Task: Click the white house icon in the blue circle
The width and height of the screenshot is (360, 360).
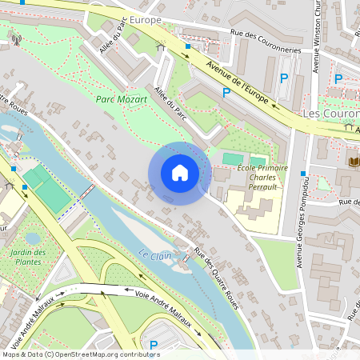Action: tap(180, 173)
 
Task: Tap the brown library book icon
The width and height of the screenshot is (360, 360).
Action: tap(353, 162)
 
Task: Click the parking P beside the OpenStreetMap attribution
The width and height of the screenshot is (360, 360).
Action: tap(154, 345)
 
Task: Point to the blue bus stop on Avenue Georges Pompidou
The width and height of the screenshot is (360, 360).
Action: tap(302, 174)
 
